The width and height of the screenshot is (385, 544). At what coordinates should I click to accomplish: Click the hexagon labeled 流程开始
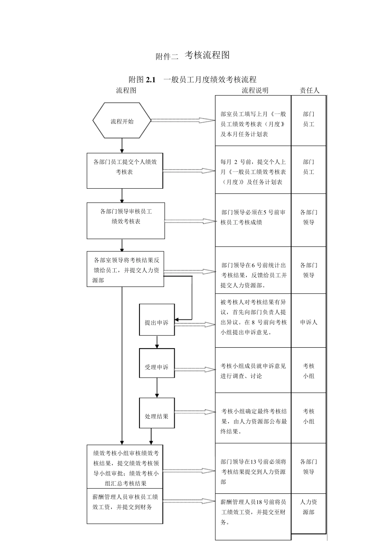122,121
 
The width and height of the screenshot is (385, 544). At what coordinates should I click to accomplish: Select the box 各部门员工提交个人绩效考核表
125,170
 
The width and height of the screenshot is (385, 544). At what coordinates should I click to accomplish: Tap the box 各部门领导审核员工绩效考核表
126,221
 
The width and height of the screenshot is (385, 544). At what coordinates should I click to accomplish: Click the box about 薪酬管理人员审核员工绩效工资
125,506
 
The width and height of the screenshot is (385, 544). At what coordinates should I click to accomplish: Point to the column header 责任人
309,90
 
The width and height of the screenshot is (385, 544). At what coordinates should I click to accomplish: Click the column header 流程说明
255,90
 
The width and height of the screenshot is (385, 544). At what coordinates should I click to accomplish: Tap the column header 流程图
126,90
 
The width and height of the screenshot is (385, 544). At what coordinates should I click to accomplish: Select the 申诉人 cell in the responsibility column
309,322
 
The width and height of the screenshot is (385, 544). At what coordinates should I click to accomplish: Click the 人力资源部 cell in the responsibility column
309,507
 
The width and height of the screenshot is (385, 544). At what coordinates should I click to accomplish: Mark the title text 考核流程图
207,55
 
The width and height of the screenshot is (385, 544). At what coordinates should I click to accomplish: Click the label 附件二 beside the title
167,57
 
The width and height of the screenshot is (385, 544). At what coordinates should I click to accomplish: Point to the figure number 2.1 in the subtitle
151,80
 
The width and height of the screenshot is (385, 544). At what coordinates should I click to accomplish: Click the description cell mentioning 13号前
253,472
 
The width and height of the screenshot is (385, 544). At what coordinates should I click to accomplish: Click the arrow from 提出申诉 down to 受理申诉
157,342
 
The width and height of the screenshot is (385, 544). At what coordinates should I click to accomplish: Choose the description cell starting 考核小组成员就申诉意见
253,370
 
